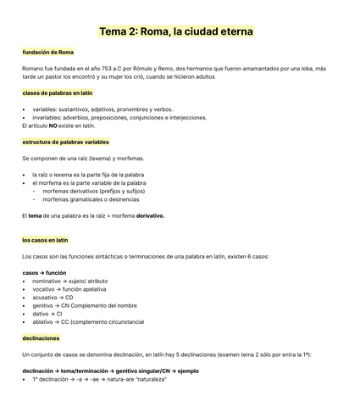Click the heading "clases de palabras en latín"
[58, 92]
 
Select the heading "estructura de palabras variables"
[65, 142]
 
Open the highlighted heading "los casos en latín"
[45, 240]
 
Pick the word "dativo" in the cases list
[42, 314]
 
